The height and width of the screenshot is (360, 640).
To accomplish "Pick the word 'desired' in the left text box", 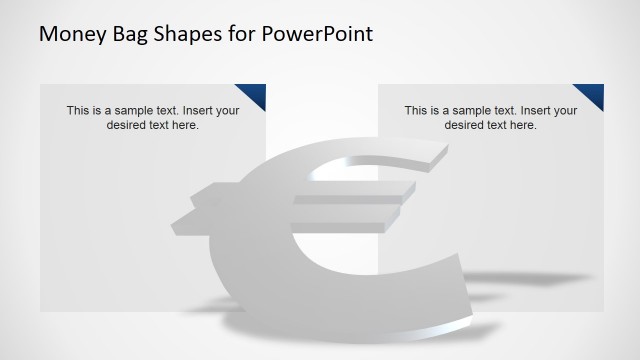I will (x=127, y=125).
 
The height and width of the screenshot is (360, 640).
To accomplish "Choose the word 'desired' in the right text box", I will (x=465, y=125).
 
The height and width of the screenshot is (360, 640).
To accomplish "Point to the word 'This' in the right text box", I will (x=416, y=111).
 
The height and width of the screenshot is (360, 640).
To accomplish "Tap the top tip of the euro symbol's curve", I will (x=440, y=152).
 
